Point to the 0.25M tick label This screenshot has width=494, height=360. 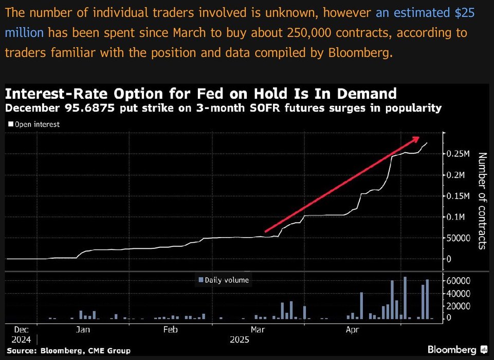click(459, 154)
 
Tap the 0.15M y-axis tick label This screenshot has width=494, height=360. click(459, 196)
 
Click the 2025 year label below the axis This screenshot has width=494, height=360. click(239, 339)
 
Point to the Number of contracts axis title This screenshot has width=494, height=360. click(482, 201)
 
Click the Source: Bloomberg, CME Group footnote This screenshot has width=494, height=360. click(69, 351)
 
